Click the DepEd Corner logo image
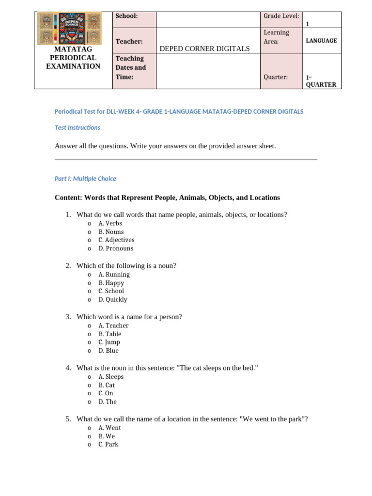click(69, 28)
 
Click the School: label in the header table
click(126, 16)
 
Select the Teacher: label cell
click(129, 42)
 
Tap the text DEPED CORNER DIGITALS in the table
click(204, 48)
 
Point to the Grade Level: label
click(281, 16)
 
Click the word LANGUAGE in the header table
click(321, 41)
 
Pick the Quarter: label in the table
click(276, 77)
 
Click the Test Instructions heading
click(77, 128)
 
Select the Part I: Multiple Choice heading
click(85, 179)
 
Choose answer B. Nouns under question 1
click(111, 232)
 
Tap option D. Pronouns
click(115, 248)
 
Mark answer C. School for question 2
click(111, 291)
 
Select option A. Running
click(114, 275)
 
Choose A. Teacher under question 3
click(113, 325)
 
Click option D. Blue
click(108, 351)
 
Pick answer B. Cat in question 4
click(107, 385)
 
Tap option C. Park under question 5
click(108, 444)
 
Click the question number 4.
click(68, 368)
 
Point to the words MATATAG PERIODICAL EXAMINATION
click(73, 58)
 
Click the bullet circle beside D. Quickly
click(90, 300)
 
